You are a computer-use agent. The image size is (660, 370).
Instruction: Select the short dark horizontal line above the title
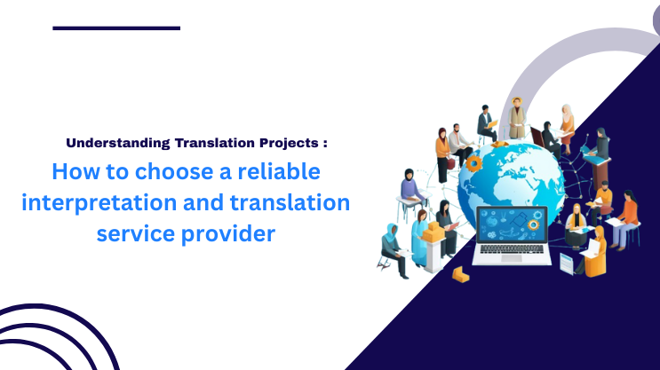click(x=116, y=28)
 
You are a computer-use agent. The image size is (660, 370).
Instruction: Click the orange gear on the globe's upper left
click(x=474, y=163)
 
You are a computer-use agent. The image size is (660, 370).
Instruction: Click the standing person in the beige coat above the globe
click(x=517, y=121)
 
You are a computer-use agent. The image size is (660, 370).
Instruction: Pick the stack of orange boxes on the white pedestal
click(x=433, y=232)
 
